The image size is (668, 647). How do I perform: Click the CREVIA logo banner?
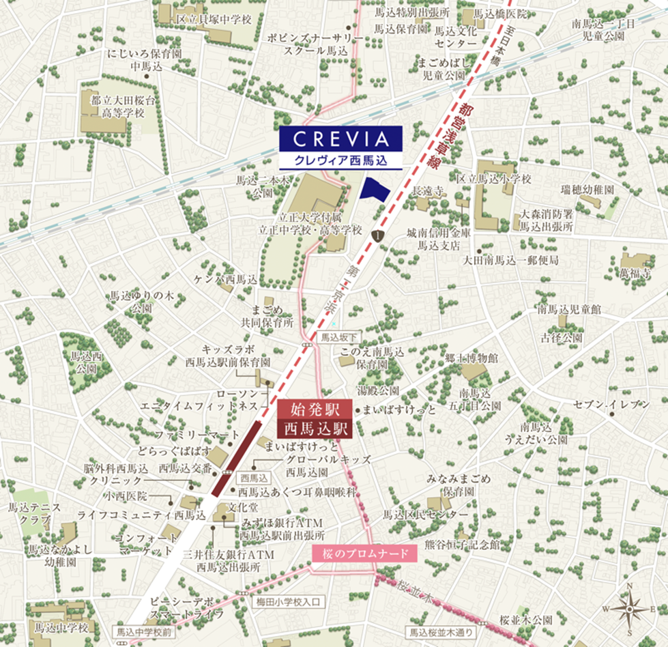coord(341,139)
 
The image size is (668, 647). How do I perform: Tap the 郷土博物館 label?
coord(471,358)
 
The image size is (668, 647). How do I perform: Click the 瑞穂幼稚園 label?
coord(587,188)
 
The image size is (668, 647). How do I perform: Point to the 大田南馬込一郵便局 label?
coord(510,260)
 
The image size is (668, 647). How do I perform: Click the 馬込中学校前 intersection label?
coord(145,632)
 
